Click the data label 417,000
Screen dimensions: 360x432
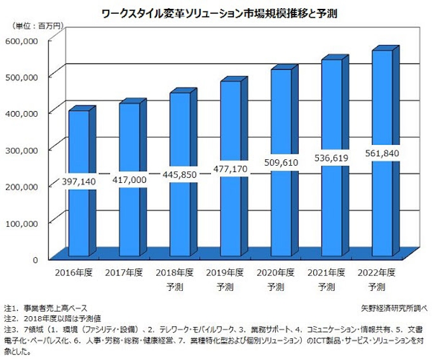click(130, 180)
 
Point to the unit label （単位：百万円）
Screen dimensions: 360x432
click(38, 26)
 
